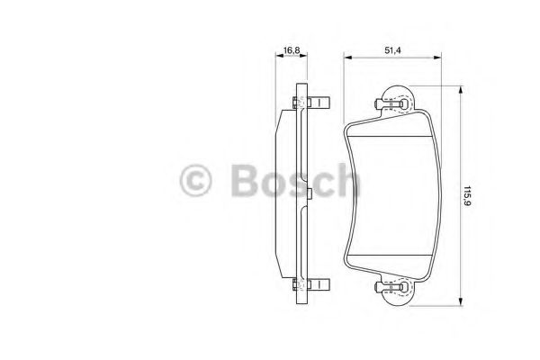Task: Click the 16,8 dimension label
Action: point(291,50)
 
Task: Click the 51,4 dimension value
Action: point(392,50)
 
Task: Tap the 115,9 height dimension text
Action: point(467,196)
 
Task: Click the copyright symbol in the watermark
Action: point(195,180)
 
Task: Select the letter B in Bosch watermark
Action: point(245,180)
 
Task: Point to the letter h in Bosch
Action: point(347,179)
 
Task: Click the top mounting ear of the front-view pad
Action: point(398,100)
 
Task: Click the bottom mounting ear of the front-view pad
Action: point(398,291)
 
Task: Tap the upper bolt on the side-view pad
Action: point(311,103)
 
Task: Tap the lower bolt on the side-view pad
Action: point(311,284)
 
